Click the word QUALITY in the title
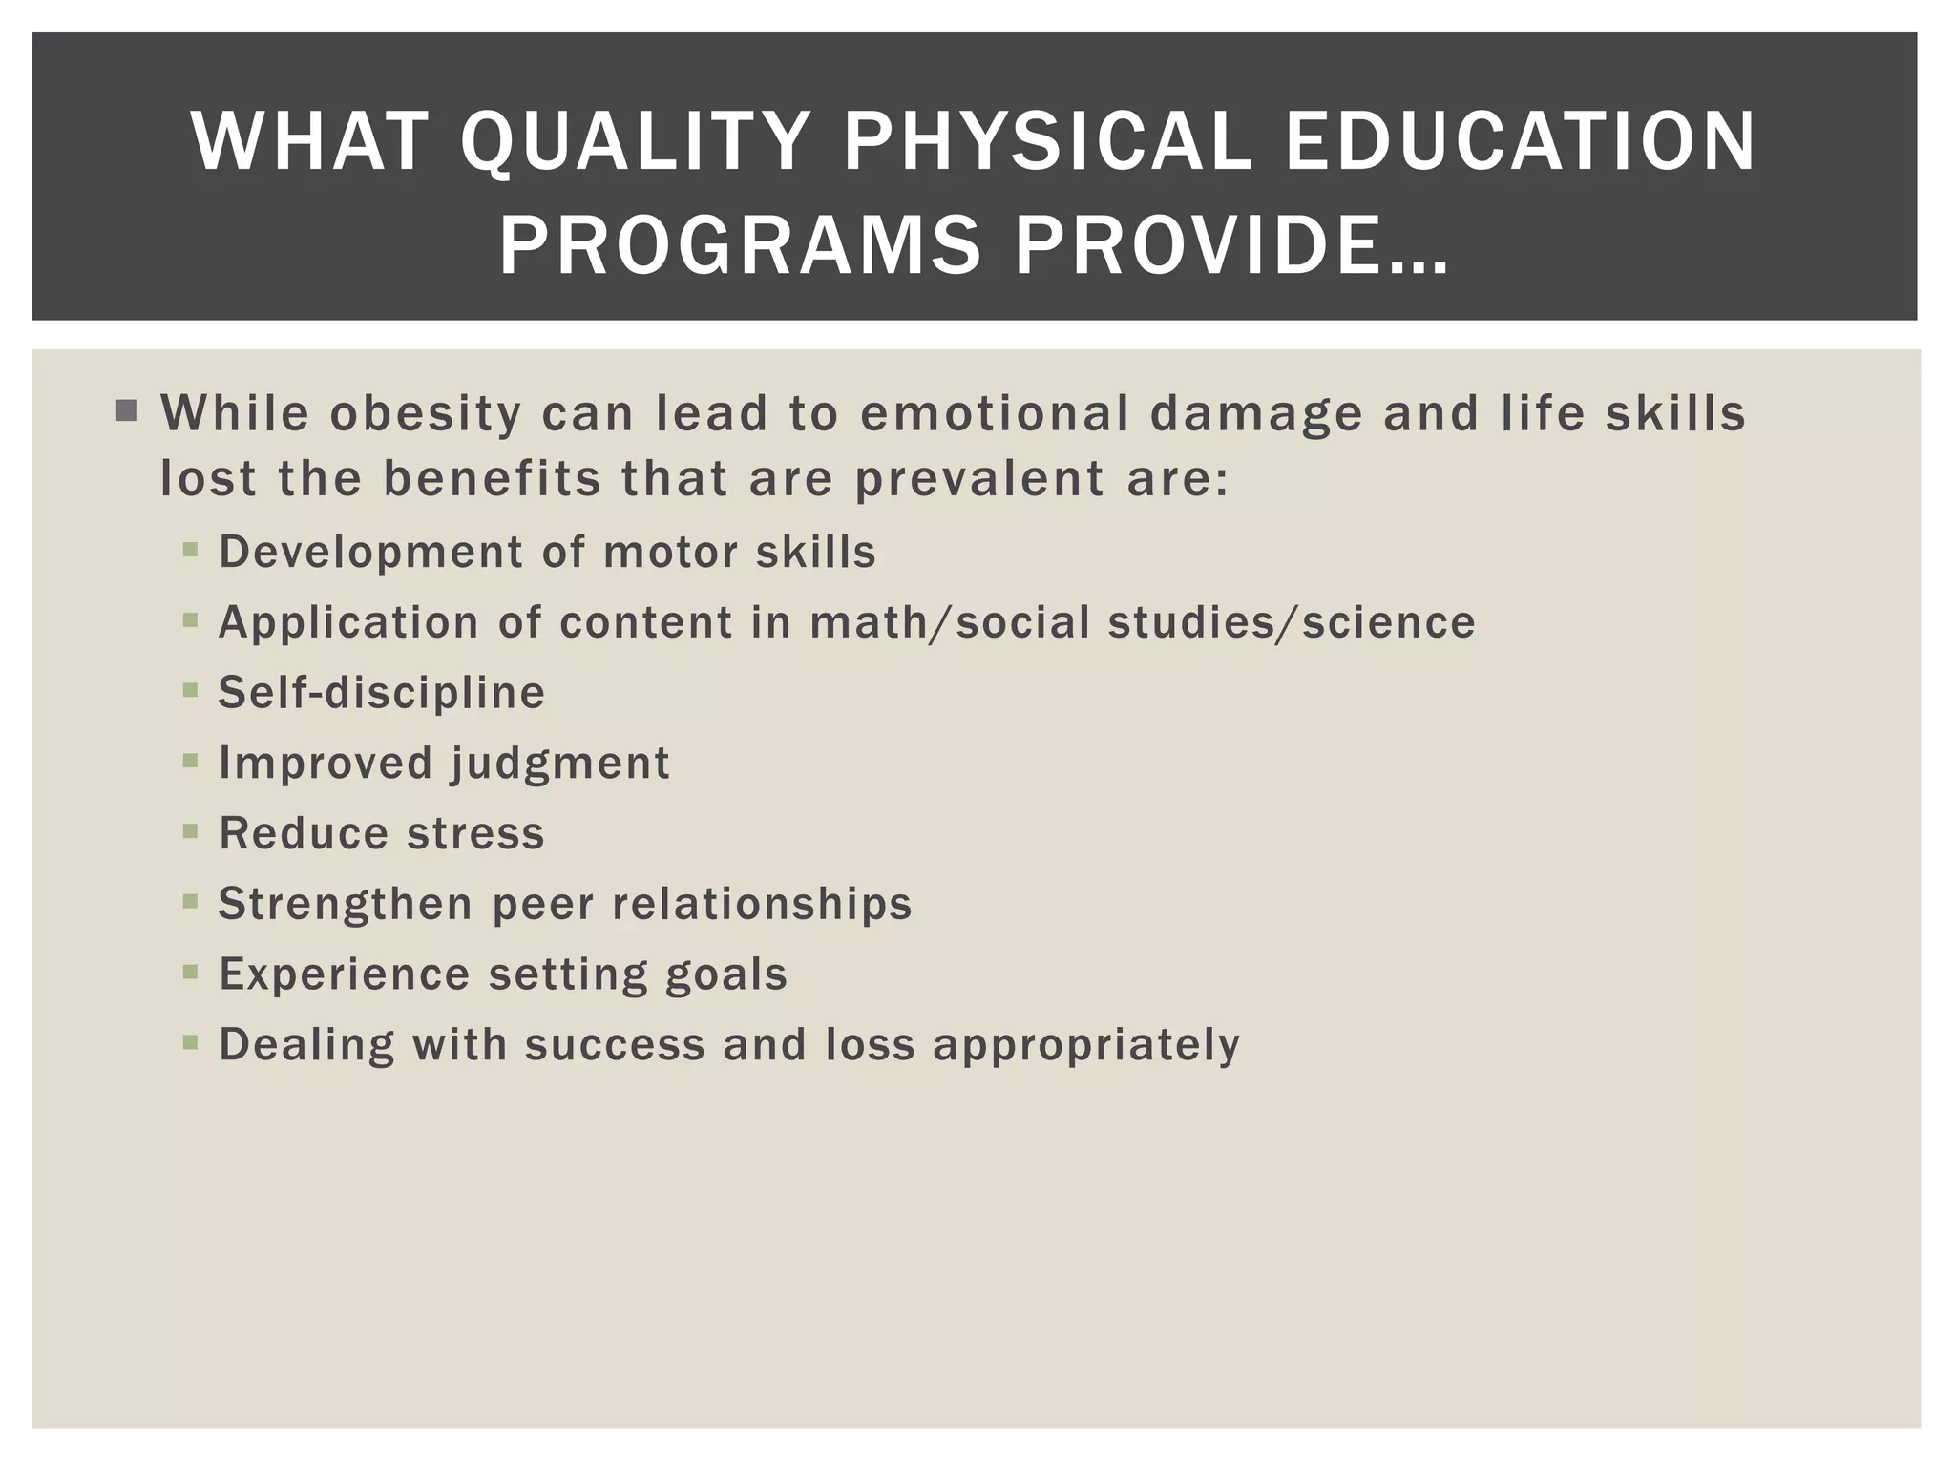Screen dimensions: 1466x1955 point(635,143)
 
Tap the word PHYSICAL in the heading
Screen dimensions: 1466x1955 point(1047,143)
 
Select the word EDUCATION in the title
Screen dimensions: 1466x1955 point(1520,143)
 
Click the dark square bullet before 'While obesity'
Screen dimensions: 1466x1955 point(125,412)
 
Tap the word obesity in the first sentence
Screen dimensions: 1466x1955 point(426,414)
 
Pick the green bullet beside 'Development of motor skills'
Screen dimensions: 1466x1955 point(190,551)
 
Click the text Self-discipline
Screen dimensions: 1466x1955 point(382,693)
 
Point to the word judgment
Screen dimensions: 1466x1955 point(560,764)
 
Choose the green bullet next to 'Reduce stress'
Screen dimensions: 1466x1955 point(190,831)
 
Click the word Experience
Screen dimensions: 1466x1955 point(345,974)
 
